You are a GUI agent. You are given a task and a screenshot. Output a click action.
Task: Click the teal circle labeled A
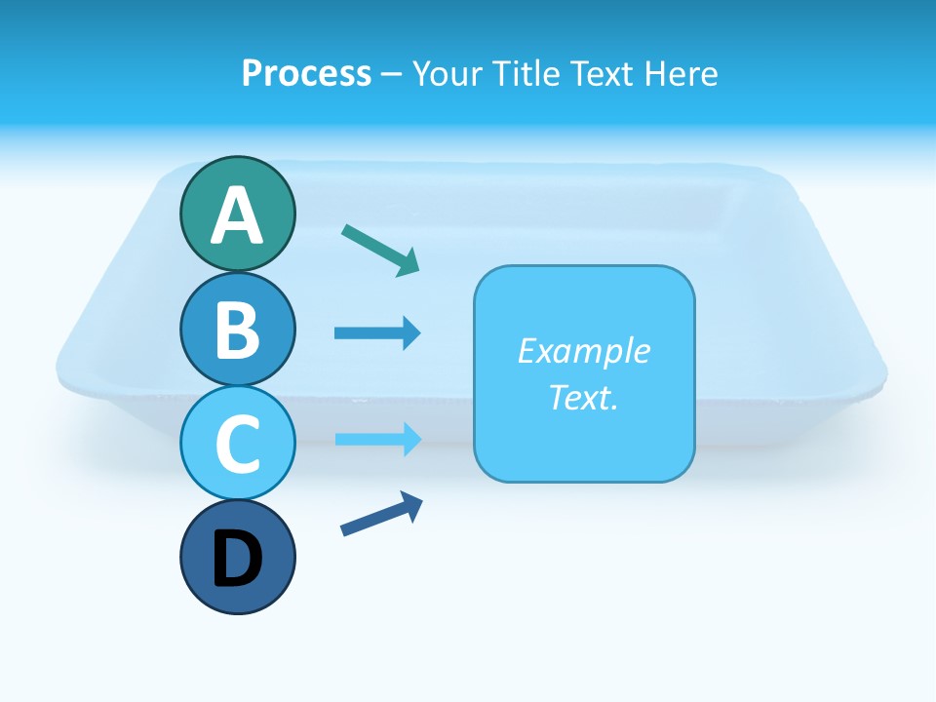237,214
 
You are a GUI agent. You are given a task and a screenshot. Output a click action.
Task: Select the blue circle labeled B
237,329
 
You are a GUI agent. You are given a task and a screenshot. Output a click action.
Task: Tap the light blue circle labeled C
237,443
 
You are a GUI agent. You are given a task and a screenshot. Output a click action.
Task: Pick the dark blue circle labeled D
237,558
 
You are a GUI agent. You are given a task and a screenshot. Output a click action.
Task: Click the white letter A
237,215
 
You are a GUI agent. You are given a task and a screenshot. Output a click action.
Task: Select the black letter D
237,560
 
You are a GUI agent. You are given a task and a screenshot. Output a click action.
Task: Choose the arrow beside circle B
377,333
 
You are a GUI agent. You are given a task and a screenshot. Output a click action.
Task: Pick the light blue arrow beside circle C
377,439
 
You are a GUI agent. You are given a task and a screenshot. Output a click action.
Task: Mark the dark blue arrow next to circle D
381,515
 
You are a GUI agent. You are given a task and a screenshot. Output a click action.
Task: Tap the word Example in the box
583,351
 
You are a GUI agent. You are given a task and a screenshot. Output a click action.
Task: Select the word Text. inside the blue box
583,397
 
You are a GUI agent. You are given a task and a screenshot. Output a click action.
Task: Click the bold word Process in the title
306,73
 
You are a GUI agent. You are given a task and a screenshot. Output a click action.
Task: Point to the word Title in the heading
527,73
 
